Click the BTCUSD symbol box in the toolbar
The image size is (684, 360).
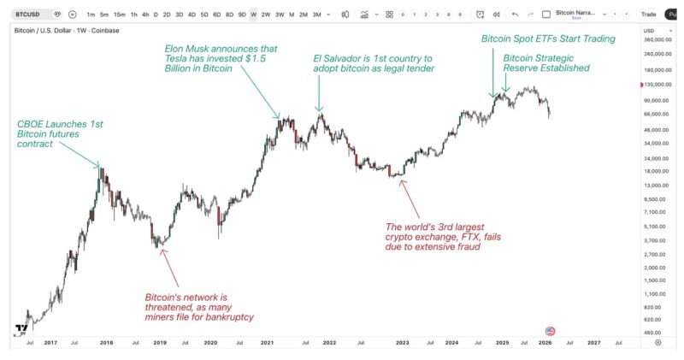[30, 15]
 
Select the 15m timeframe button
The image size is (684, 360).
[119, 15]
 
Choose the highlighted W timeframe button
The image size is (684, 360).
[253, 15]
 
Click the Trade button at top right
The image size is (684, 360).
[648, 15]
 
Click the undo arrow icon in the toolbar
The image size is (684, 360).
[515, 15]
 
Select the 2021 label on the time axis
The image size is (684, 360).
[267, 343]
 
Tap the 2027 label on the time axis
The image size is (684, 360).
[593, 343]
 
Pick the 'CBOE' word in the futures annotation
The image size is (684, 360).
[32, 124]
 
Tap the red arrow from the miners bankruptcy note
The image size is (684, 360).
[170, 268]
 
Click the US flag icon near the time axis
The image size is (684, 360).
[550, 331]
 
